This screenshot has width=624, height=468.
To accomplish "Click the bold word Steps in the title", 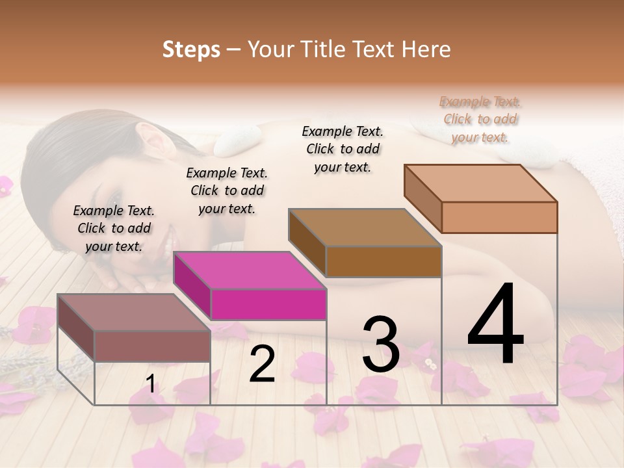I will [191, 49].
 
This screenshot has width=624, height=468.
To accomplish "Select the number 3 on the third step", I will [380, 344].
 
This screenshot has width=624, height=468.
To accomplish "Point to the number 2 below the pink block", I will [262, 364].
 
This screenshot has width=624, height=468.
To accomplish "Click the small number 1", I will [151, 384].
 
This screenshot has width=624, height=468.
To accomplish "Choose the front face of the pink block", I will [268, 304].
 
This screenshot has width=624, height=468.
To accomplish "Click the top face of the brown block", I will [364, 227].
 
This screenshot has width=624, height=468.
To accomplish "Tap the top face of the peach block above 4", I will [481, 183].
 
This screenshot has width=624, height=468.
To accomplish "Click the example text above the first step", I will [114, 228].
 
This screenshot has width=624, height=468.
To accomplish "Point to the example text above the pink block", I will [227, 190].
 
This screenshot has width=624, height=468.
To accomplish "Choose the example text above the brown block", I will [343, 149].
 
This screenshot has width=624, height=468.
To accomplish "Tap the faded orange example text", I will [480, 119].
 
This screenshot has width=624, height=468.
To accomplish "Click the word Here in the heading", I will [428, 49].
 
